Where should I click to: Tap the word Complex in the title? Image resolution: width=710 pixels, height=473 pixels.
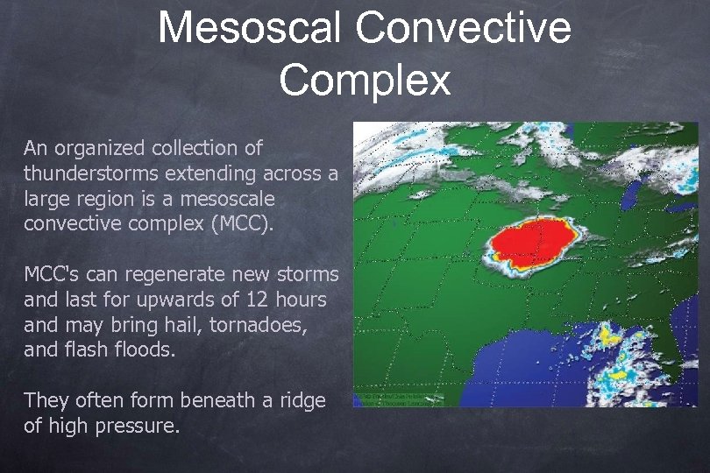pos(365,80)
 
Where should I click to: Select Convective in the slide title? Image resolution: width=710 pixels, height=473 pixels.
pos(464,28)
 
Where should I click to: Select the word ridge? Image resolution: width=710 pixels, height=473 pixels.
pos(302,400)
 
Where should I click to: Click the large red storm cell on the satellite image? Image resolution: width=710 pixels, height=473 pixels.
pos(532,241)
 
